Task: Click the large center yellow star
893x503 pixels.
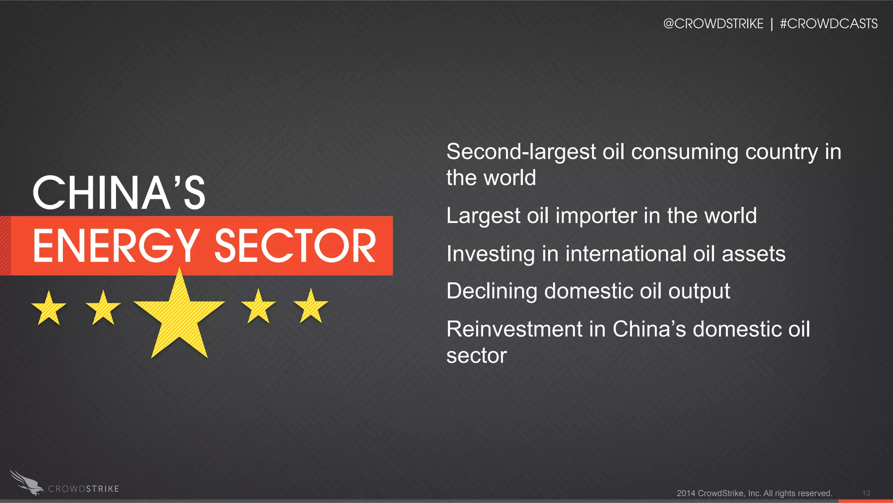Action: pos(179,316)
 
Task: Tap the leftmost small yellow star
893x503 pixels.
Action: pos(49,308)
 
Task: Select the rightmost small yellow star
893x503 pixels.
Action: pos(310,307)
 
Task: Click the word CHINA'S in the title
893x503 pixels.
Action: pos(119,193)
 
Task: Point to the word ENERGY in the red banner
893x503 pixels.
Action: pos(116,246)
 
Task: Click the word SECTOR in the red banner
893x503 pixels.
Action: pos(295,246)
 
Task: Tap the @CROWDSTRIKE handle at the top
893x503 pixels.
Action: pos(713,24)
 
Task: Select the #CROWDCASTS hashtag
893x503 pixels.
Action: pos(828,24)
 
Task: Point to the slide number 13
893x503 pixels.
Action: pos(866,493)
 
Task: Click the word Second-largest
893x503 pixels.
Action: pos(521,152)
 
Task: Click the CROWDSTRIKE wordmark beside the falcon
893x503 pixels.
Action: pos(83,489)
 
